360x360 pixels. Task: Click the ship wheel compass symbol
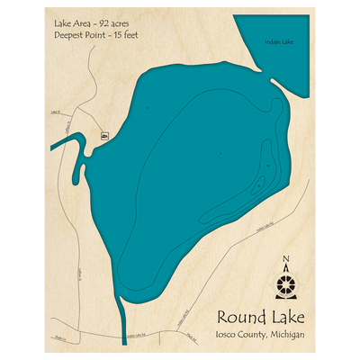(x=287, y=285)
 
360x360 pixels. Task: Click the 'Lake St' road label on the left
(x=56, y=112)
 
